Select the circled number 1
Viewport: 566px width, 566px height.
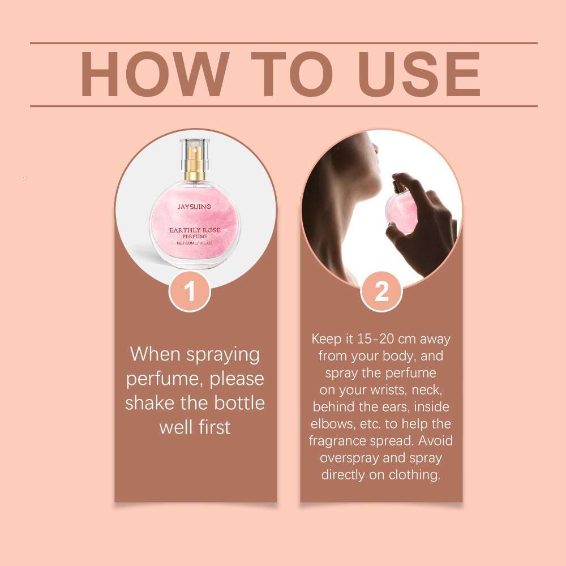[190, 292]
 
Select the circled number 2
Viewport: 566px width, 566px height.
[381, 292]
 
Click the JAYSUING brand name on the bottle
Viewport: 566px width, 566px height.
[194, 207]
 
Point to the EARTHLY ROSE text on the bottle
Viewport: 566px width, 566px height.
[194, 230]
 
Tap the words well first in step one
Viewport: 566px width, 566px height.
[195, 427]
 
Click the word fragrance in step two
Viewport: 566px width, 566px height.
[336, 441]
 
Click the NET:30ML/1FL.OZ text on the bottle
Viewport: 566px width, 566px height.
[194, 242]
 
